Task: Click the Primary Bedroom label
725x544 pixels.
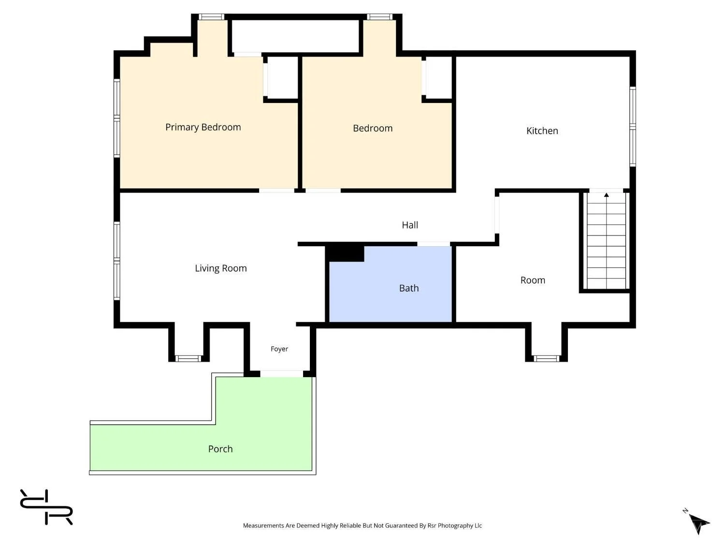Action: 203,127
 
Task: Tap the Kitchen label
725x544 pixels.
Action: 542,131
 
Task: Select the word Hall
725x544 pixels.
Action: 410,225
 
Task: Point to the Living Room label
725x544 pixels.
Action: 220,268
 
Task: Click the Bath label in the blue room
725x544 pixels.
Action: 409,288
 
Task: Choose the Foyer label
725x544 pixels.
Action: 279,349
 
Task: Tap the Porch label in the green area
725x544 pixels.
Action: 220,449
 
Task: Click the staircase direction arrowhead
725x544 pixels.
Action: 607,195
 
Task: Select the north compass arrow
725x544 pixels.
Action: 699,523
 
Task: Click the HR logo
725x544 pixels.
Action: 46,507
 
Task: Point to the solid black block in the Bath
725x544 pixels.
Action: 345,253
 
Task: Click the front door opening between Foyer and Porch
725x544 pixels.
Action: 281,374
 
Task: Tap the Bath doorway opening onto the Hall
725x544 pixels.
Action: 434,244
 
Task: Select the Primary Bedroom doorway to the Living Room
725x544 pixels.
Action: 276,191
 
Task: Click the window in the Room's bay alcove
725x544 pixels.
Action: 546,358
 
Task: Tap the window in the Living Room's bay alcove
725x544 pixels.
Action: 188,358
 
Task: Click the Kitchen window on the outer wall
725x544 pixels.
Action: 633,127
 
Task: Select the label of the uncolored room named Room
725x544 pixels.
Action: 533,280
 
